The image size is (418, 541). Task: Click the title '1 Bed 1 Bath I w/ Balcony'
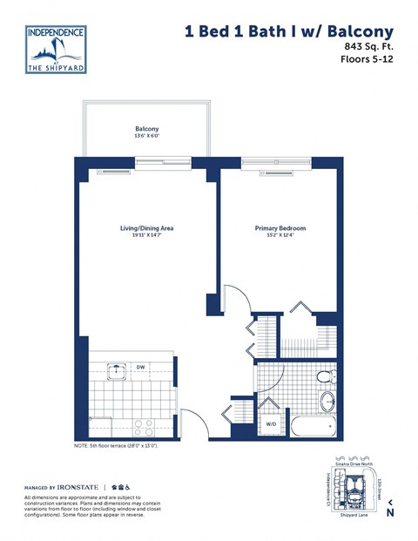289,31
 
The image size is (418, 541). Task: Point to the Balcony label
146,130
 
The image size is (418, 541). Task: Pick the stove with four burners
143,427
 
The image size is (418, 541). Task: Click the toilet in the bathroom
326,376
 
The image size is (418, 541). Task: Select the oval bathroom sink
327,402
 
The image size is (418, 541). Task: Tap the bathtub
313,428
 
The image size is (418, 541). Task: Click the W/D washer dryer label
271,424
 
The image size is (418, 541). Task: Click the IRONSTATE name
73,486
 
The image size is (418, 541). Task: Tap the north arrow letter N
390,512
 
